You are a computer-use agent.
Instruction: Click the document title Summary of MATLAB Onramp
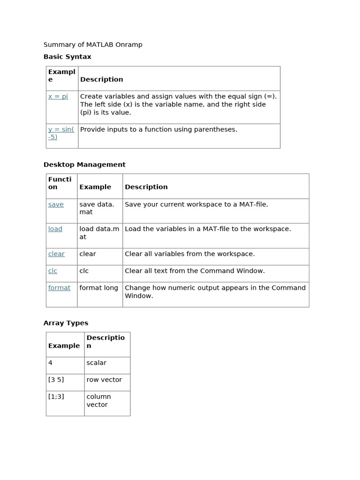click(x=93, y=45)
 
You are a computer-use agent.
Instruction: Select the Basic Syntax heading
click(x=67, y=57)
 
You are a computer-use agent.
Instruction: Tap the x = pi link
click(x=58, y=96)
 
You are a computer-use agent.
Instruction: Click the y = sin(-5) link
click(x=61, y=133)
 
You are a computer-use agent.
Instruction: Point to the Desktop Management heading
click(x=84, y=165)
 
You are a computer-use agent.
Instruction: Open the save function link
click(x=56, y=204)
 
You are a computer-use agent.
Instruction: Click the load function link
click(x=55, y=229)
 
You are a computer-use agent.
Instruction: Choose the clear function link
click(x=56, y=254)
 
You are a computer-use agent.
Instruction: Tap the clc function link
click(x=52, y=270)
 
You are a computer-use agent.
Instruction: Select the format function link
click(x=59, y=287)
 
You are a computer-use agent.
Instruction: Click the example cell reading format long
click(x=98, y=287)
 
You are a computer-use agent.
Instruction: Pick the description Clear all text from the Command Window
click(x=195, y=270)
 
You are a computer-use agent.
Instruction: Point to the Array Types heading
click(x=66, y=323)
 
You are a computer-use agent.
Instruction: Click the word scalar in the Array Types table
click(x=96, y=362)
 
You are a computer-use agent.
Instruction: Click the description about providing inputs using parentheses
click(x=158, y=129)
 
